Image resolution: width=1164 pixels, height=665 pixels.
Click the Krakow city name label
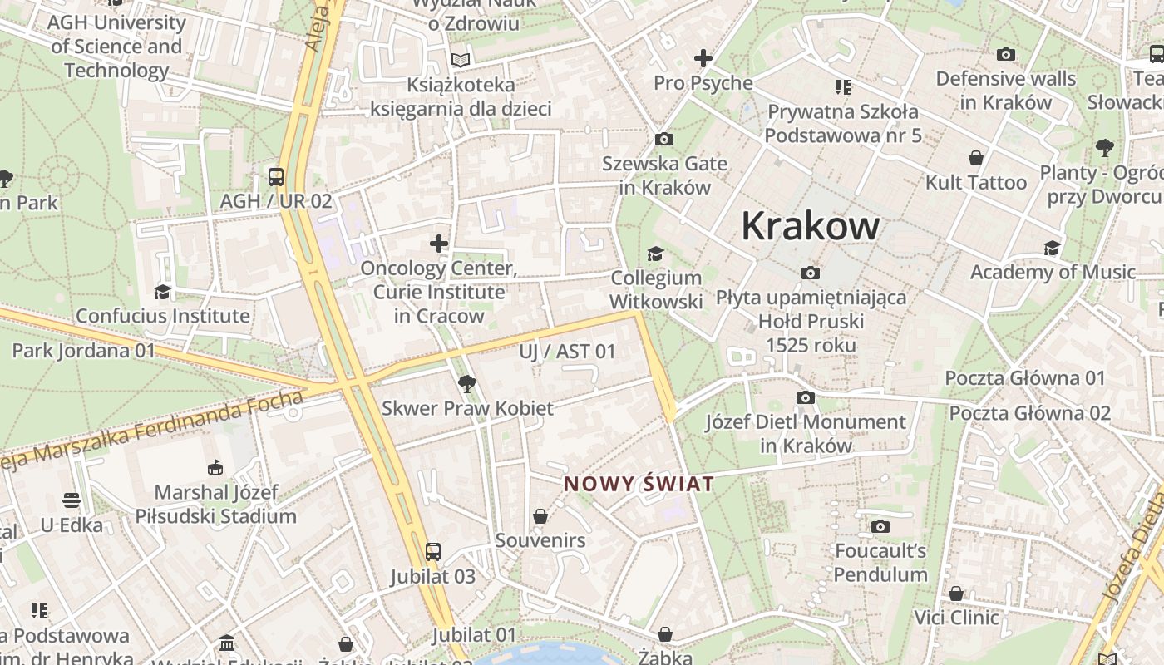point(810,225)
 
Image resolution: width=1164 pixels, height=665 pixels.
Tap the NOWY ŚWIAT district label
point(639,484)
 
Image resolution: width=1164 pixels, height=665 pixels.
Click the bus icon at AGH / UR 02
point(276,177)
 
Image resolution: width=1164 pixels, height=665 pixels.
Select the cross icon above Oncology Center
point(439,244)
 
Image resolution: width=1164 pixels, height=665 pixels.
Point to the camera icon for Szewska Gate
point(663,139)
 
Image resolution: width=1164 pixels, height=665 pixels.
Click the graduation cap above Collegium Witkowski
point(656,254)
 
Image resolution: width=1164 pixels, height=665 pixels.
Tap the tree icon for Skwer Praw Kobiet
point(467,384)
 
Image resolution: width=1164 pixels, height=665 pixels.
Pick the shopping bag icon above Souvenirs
point(540,516)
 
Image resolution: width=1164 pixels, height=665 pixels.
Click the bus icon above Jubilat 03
point(432,552)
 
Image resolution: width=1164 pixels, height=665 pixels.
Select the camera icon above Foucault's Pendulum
point(880,526)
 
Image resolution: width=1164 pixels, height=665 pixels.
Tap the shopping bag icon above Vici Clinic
point(956,594)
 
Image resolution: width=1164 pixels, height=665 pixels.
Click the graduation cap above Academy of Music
point(1052,248)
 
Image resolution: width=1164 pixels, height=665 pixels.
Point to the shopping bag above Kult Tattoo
point(976,158)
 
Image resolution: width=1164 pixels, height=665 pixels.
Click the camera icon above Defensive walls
point(1006,55)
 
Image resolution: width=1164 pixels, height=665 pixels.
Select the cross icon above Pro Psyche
point(703,58)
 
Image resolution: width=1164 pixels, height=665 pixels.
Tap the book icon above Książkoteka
point(461,60)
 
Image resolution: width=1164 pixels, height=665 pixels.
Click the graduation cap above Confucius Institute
point(163,292)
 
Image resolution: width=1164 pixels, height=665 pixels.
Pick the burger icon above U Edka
point(72,500)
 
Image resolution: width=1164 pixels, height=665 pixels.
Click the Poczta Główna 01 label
point(1025,378)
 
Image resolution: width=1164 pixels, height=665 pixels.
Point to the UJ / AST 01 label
point(568,352)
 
